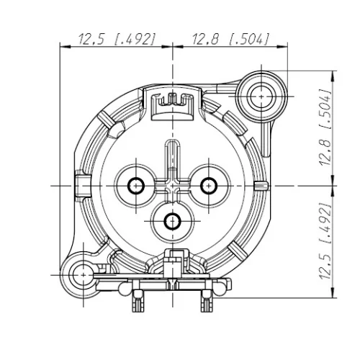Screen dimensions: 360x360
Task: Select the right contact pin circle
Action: click(208, 185)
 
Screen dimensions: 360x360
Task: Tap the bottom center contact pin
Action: click(172, 220)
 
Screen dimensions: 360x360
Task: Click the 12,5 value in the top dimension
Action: click(93, 40)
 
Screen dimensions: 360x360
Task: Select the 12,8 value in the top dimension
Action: click(207, 40)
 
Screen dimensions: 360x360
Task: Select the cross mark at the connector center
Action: click(172, 186)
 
